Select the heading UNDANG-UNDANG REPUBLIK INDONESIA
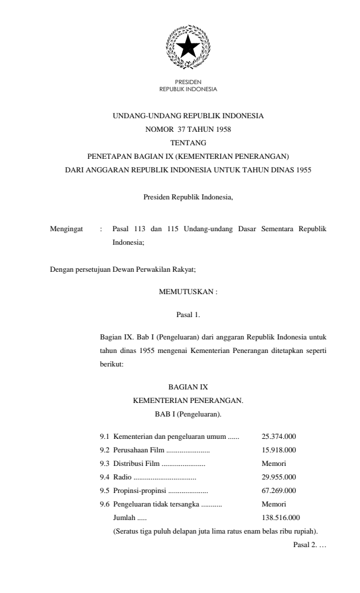tap(188, 116)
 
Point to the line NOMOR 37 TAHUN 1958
tap(188, 129)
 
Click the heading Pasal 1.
tap(188, 315)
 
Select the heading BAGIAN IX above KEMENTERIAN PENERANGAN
tap(188, 387)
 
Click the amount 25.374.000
tap(278, 437)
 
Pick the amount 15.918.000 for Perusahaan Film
tap(278, 450)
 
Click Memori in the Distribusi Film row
tap(274, 464)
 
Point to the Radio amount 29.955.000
tap(278, 477)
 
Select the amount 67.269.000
tap(278, 491)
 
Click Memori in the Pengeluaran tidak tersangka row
tap(274, 504)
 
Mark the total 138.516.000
tap(281, 518)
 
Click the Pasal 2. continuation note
tap(305, 544)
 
